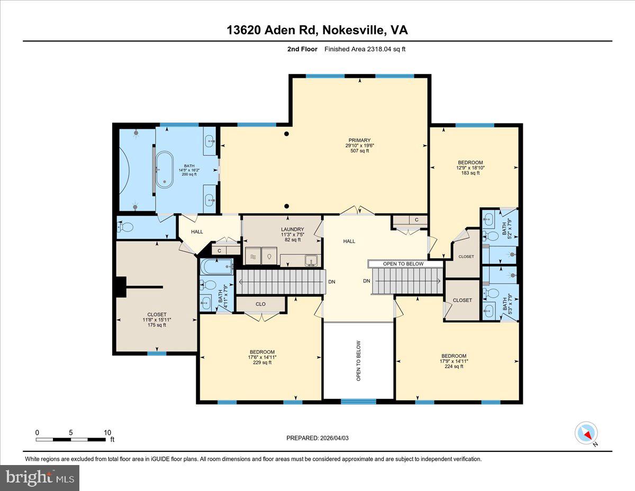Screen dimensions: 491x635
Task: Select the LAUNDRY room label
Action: click(x=292, y=234)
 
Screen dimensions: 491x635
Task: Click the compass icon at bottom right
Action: click(x=586, y=433)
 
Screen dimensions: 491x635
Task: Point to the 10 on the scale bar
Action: click(x=107, y=433)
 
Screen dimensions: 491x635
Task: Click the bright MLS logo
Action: click(x=40, y=478)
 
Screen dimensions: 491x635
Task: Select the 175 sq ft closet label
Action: click(x=157, y=322)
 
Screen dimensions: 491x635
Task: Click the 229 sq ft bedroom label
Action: click(x=262, y=357)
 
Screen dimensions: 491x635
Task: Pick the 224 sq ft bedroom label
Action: click(x=454, y=361)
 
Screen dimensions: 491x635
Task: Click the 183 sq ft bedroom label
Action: click(x=470, y=167)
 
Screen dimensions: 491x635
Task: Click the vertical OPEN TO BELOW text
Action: click(x=358, y=361)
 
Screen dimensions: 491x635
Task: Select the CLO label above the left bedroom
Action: click(x=260, y=304)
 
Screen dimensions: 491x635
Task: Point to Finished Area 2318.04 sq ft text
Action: click(x=365, y=49)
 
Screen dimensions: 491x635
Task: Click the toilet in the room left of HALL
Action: click(x=126, y=227)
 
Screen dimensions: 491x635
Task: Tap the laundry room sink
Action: click(x=310, y=260)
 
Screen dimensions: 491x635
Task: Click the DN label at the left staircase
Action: click(x=332, y=282)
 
